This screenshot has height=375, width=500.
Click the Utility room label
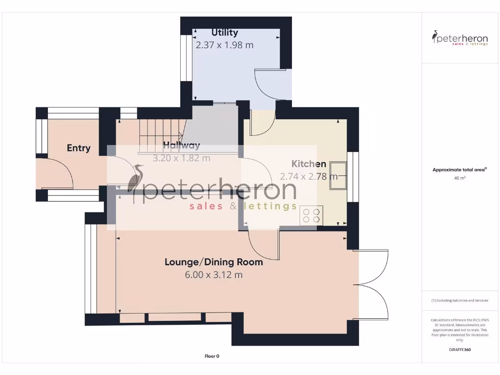225,33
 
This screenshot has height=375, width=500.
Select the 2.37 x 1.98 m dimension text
225,45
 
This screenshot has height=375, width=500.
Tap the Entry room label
79,148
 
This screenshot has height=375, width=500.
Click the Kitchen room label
309,164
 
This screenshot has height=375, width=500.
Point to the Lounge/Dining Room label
213,262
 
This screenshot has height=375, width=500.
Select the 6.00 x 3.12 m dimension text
213,275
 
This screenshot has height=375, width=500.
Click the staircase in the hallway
159,135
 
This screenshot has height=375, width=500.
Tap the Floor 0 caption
212,356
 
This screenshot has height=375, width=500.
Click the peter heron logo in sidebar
460,38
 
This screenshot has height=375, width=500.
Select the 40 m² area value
459,178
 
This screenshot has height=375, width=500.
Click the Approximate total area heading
459,169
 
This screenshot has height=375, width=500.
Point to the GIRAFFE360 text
459,350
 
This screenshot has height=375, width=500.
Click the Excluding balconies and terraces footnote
459,300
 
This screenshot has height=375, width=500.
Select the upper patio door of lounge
374,266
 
